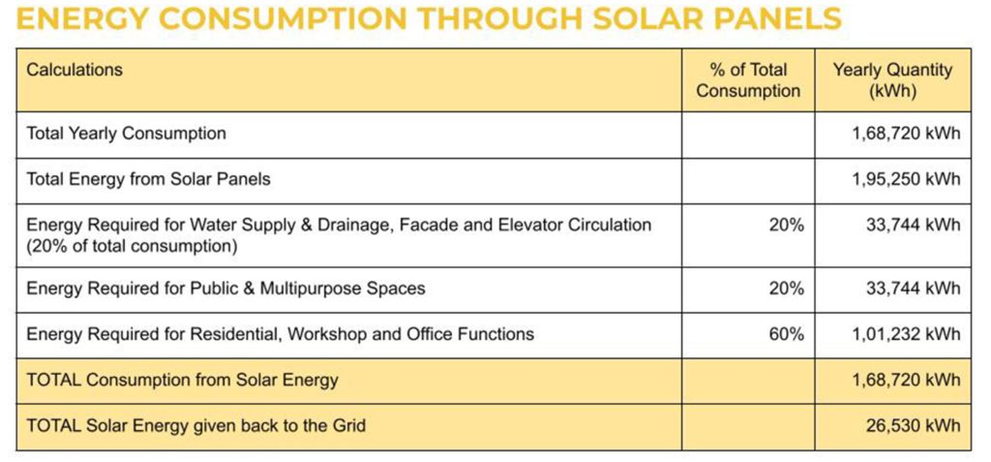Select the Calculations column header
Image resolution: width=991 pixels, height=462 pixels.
tap(75, 69)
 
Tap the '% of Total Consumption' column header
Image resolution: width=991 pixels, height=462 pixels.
tap(748, 80)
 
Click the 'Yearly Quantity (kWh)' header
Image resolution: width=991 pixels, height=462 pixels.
tap(892, 80)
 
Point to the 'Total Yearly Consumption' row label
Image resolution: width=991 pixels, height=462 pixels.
tap(126, 134)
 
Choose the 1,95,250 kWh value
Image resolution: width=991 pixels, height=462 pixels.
tap(906, 179)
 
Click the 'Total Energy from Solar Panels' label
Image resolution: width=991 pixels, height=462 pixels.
tap(148, 179)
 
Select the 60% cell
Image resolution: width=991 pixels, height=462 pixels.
tap(786, 333)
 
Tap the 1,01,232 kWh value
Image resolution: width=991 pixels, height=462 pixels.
tap(906, 333)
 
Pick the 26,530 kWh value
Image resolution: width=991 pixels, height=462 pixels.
tap(914, 424)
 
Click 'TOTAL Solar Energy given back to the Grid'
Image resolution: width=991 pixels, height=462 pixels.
tap(195, 424)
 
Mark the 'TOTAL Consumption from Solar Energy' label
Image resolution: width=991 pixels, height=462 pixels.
tap(182, 380)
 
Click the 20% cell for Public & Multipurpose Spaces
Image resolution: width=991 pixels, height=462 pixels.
tap(786, 288)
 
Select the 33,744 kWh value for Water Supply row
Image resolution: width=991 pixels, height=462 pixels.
tap(914, 225)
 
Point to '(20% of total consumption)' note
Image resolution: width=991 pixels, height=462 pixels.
tap(132, 246)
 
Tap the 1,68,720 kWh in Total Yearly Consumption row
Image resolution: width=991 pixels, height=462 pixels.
tap(906, 134)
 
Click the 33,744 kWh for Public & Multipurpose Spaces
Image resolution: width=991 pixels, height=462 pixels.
tap(914, 288)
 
